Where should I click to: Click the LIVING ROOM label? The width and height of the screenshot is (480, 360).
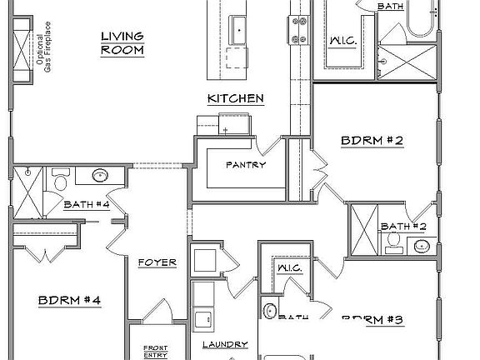pyautogui.click(x=122, y=42)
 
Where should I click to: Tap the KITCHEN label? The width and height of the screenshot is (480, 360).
pyautogui.click(x=236, y=99)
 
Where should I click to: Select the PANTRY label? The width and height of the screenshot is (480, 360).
pyautogui.click(x=246, y=165)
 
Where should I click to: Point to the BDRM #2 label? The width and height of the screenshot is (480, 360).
pyautogui.click(x=372, y=142)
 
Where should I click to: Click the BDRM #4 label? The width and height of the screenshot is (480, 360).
pyautogui.click(x=69, y=298)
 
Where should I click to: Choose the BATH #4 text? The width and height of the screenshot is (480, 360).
pyautogui.click(x=87, y=204)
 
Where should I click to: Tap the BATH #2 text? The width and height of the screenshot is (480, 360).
pyautogui.click(x=403, y=226)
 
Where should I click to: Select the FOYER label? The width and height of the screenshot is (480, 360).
pyautogui.click(x=157, y=263)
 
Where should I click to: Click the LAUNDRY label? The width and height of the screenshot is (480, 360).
pyautogui.click(x=224, y=344)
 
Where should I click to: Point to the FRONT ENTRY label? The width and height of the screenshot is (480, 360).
pyautogui.click(x=155, y=350)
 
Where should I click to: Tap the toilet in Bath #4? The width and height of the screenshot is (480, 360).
pyautogui.click(x=61, y=180)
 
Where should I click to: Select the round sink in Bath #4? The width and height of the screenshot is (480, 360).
pyautogui.click(x=99, y=176)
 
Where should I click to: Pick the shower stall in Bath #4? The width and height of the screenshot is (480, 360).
pyautogui.click(x=29, y=192)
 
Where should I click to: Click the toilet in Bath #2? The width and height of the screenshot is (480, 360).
pyautogui.click(x=391, y=242)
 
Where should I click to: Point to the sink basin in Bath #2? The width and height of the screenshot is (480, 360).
pyautogui.click(x=422, y=246)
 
